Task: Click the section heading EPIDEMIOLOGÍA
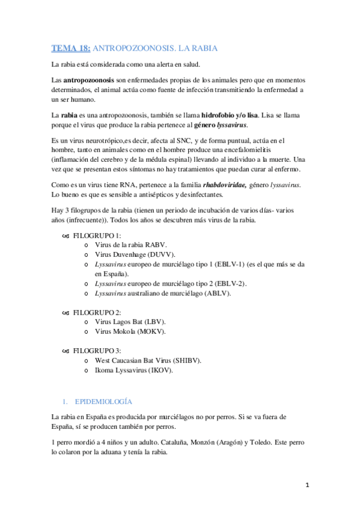(x=103, y=401)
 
